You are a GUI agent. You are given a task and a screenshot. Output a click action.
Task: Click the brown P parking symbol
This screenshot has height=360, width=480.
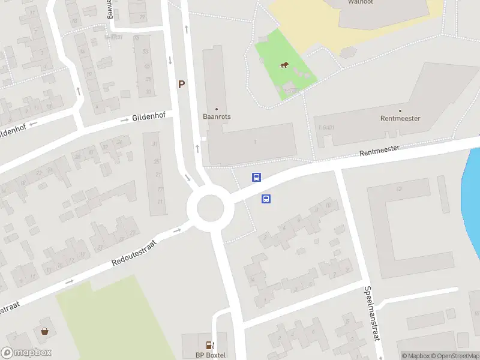pos(181,85)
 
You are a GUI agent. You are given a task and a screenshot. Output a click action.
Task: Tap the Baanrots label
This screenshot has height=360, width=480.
pos(217,117)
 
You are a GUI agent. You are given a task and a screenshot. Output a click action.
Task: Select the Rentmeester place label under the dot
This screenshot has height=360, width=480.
pos(400,118)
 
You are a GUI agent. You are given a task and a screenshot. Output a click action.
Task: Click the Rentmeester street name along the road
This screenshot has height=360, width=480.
pos(380,153)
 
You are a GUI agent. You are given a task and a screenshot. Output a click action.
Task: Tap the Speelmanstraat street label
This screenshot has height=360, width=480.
pos(372,313)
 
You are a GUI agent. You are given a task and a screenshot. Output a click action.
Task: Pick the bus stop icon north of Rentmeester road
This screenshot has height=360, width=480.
pos(256,177)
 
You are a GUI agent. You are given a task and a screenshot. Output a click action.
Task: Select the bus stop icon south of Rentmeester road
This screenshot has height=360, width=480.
pos(266,199)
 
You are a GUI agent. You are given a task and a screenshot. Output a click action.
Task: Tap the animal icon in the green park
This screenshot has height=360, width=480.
pos(284,65)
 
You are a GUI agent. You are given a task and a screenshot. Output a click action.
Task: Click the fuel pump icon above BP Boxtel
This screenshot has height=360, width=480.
pos(209,345)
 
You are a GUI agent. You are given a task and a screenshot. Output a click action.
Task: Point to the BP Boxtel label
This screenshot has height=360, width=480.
pos(211,355)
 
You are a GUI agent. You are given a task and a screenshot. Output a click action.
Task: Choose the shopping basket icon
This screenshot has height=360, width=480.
pos(44,331)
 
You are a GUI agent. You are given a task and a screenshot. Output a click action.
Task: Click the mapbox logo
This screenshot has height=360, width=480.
pos(26,353)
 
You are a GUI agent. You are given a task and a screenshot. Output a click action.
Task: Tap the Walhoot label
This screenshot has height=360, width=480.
pos(361,2)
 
